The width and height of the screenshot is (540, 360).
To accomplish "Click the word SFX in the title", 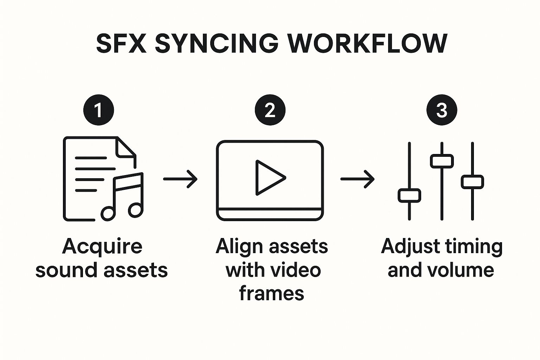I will [x=121, y=44].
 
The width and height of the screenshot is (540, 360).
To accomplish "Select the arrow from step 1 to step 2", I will [x=180, y=179].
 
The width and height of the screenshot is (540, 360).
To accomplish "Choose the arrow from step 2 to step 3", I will [x=357, y=179].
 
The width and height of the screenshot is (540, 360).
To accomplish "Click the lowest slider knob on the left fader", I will [x=409, y=195].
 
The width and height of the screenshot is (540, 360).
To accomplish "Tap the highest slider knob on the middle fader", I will [x=442, y=161].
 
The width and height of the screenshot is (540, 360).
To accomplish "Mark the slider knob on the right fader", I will [x=472, y=182].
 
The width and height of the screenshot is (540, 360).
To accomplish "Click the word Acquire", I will [x=102, y=246].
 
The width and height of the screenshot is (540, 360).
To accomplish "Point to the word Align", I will [x=236, y=246].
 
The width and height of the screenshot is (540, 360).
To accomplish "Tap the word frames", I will [x=271, y=293].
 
